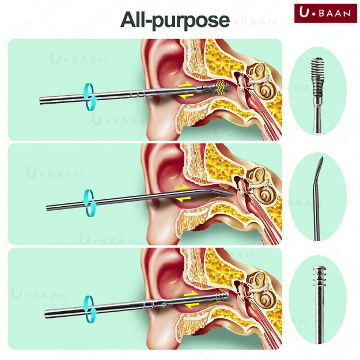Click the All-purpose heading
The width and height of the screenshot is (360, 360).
pyautogui.click(x=175, y=20)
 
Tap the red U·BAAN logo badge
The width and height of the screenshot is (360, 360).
pyautogui.click(x=325, y=13)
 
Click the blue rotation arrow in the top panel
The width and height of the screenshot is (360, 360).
pyautogui.click(x=89, y=97)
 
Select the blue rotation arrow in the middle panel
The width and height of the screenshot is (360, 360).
pyautogui.click(x=89, y=203)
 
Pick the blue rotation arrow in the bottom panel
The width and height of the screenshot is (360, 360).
pyautogui.click(x=89, y=309)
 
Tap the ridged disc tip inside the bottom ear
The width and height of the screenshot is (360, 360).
pyautogui.click(x=222, y=297)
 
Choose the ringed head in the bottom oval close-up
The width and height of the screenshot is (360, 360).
pyautogui.click(x=319, y=275)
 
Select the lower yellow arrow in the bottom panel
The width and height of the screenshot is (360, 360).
pyautogui.click(x=192, y=305)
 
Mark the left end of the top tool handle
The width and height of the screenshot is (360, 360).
pyautogui.click(x=40, y=101)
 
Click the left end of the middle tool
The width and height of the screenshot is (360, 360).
pyautogui.click(x=47, y=208)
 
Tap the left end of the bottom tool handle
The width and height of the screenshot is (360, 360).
pyautogui.click(x=46, y=314)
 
